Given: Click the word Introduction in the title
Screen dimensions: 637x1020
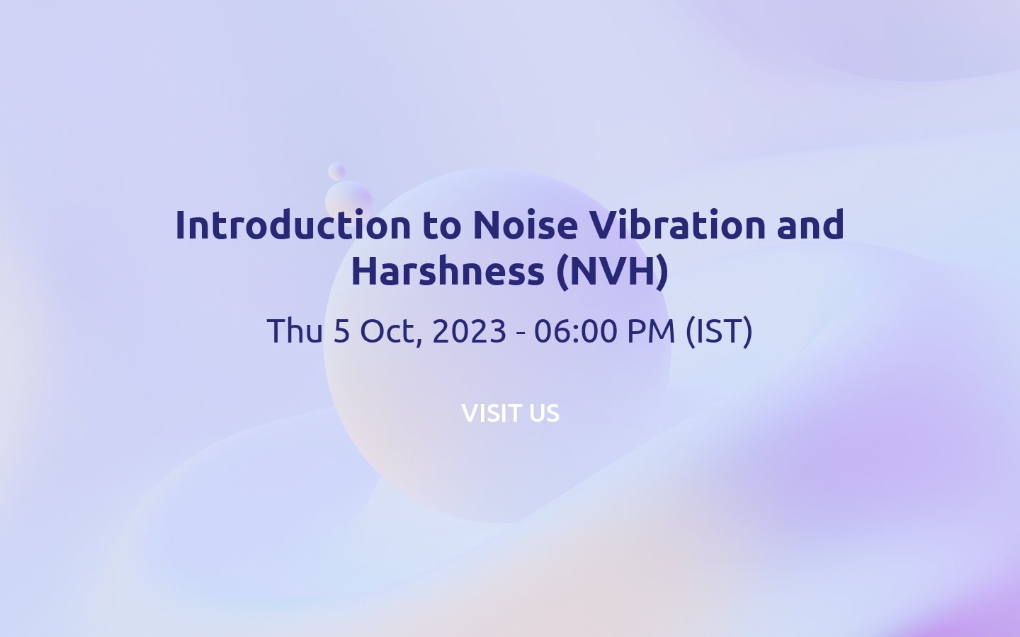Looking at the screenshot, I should tap(293, 225).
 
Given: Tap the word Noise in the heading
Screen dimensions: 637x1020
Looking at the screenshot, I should tap(525, 225).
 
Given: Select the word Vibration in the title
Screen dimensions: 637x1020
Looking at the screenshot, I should tap(677, 225).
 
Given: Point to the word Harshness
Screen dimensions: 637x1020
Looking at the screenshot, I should tap(448, 271).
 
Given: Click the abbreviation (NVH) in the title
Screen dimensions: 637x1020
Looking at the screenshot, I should tap(612, 271).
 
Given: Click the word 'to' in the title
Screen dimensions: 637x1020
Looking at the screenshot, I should tap(441, 225).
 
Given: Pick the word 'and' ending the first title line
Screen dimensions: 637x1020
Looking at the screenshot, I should tap(810, 225).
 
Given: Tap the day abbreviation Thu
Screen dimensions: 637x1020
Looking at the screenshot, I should tap(295, 331).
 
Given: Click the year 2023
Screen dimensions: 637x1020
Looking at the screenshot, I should tap(469, 331).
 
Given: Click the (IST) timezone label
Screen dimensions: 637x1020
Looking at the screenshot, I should tap(719, 331).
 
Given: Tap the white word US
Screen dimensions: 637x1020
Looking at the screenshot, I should tap(544, 413).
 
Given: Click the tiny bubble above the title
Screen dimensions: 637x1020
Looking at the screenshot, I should tap(336, 171).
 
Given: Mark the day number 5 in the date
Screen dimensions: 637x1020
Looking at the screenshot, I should tap(341, 331).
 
